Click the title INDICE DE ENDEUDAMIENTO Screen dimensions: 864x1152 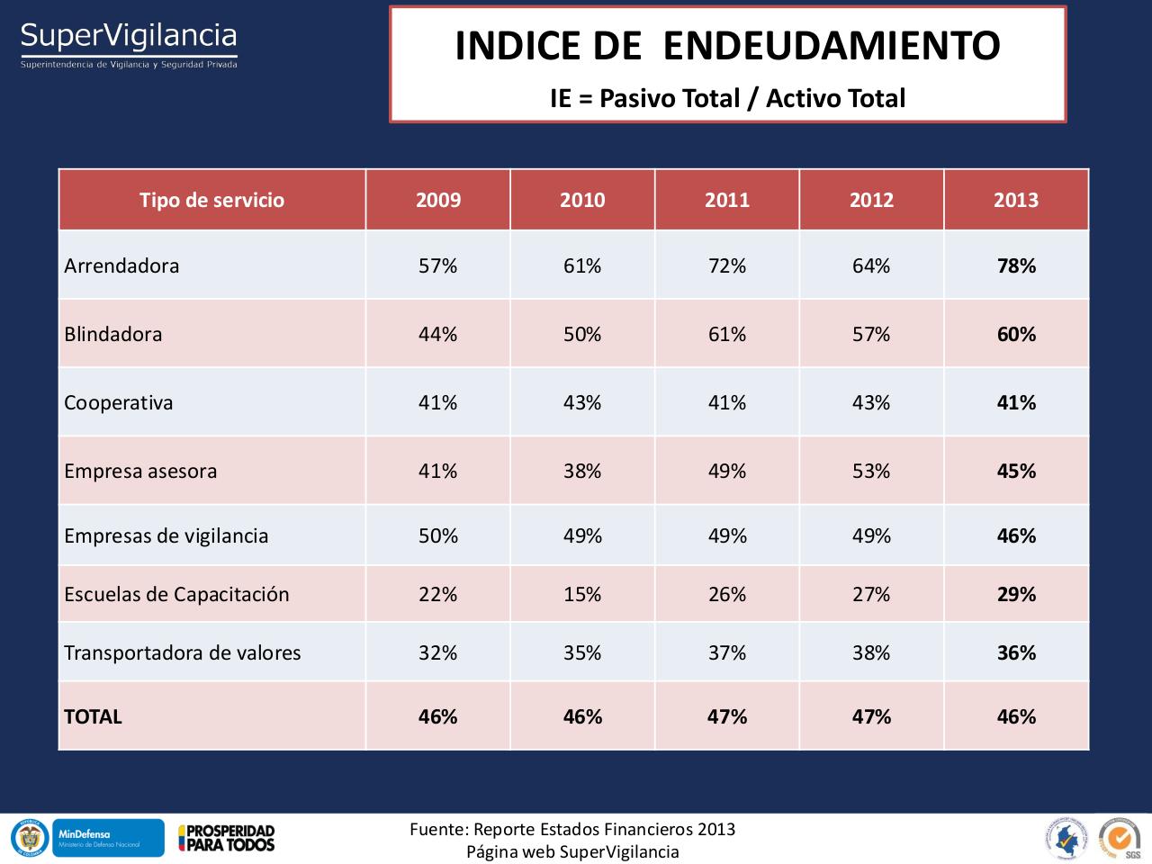[x=727, y=46]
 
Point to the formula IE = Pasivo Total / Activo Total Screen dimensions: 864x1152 [x=727, y=98]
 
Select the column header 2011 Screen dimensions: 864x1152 [x=727, y=200]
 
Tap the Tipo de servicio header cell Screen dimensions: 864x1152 [x=211, y=200]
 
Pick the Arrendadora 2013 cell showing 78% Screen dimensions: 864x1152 [x=1016, y=265]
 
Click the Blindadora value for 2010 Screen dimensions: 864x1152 [x=582, y=334]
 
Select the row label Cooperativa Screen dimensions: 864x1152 [x=118, y=402]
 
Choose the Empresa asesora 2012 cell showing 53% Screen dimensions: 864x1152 [x=871, y=471]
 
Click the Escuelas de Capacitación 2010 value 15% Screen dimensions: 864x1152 [x=582, y=594]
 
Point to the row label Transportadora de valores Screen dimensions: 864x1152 [x=183, y=652]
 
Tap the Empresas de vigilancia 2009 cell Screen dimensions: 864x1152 [x=437, y=535]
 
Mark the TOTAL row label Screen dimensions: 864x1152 [x=93, y=716]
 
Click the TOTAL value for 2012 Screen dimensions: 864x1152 [x=871, y=716]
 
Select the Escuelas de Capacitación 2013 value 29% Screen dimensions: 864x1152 [x=1016, y=594]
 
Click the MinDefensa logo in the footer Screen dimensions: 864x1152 [x=108, y=838]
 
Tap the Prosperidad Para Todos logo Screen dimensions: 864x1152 [x=226, y=838]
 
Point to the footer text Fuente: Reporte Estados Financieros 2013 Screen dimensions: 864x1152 [x=572, y=829]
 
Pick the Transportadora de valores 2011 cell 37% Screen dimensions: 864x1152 [x=727, y=652]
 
